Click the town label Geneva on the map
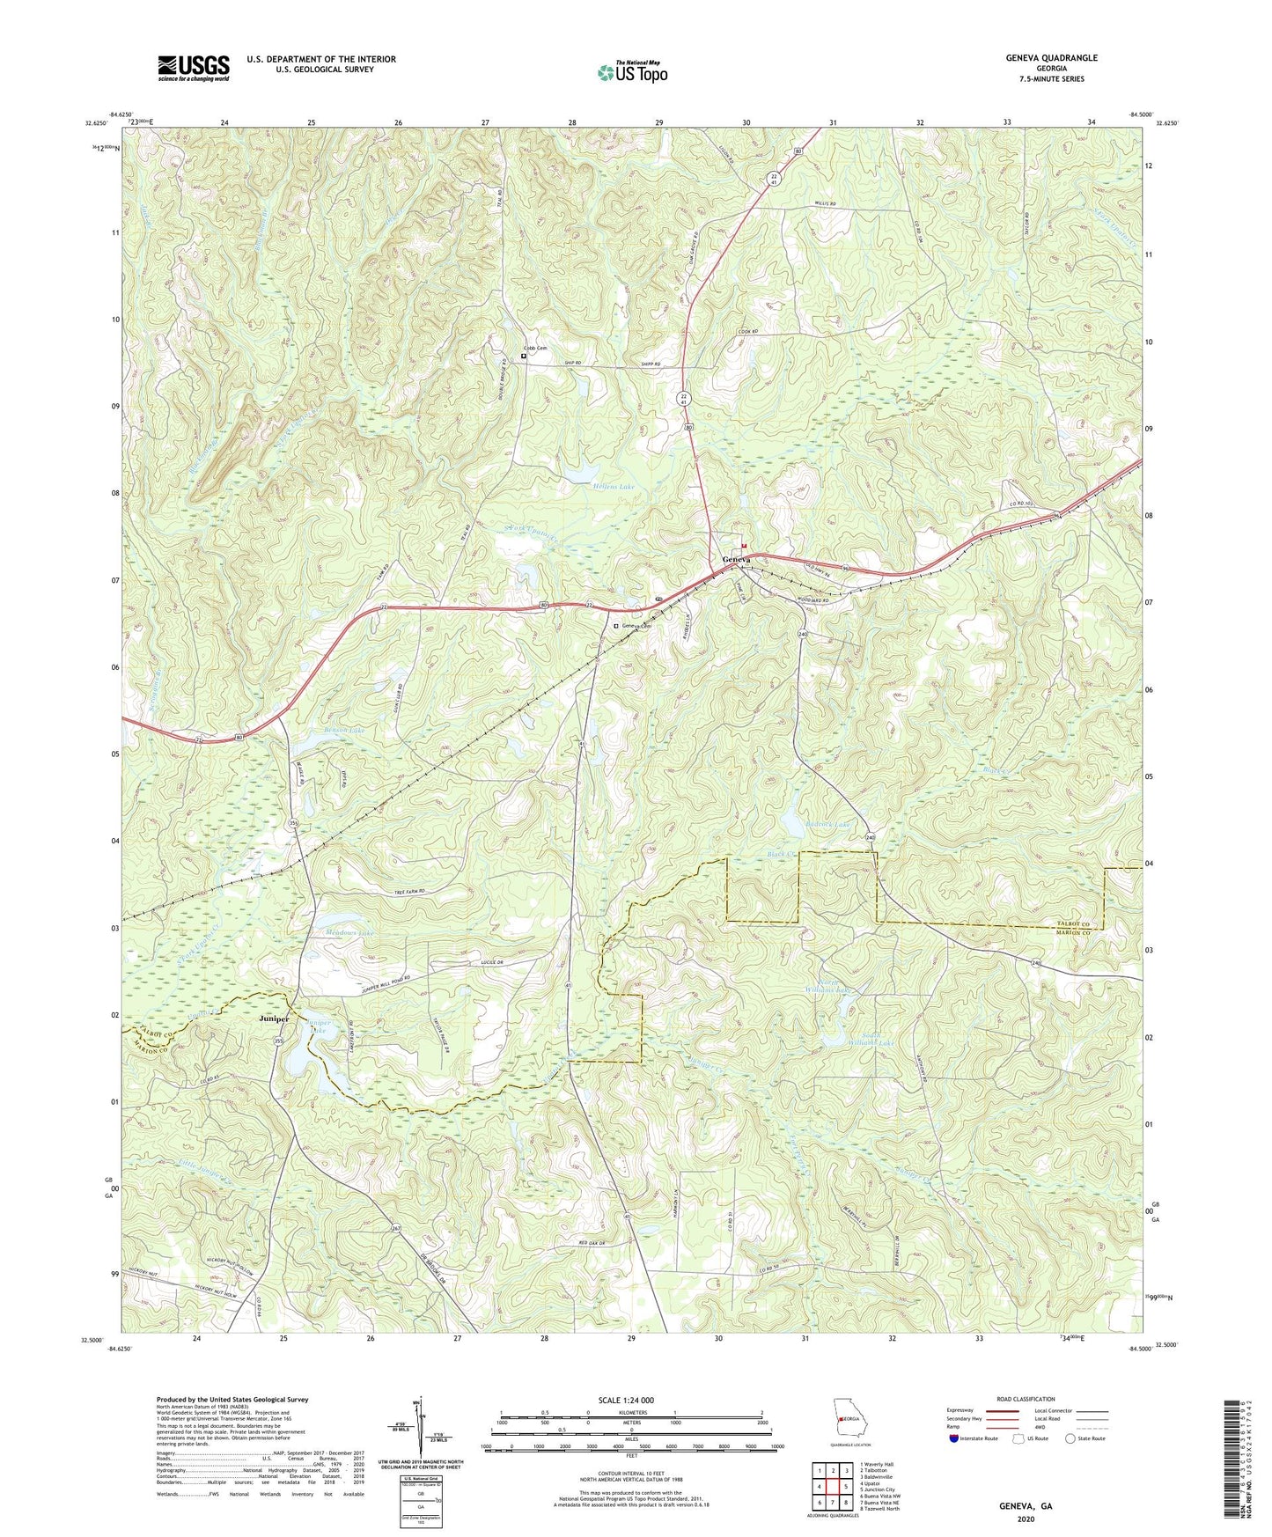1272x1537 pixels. click(x=737, y=560)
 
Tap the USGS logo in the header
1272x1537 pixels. click(x=194, y=68)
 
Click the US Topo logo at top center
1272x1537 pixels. click(x=631, y=71)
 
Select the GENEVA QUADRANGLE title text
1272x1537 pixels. click(x=1051, y=58)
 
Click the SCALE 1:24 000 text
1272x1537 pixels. click(x=630, y=1400)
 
